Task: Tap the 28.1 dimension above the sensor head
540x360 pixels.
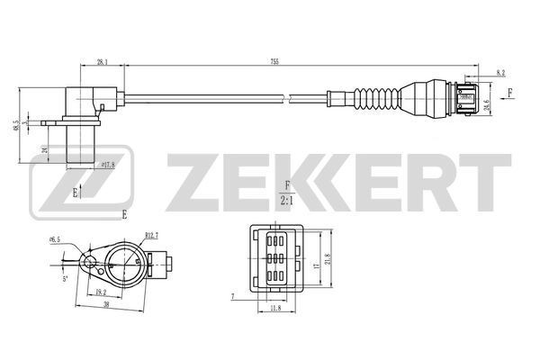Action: [102, 62]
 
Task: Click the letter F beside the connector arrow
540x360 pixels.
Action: [512, 93]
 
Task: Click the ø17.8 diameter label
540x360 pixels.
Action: [108, 164]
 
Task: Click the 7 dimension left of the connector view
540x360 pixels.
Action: [232, 295]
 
